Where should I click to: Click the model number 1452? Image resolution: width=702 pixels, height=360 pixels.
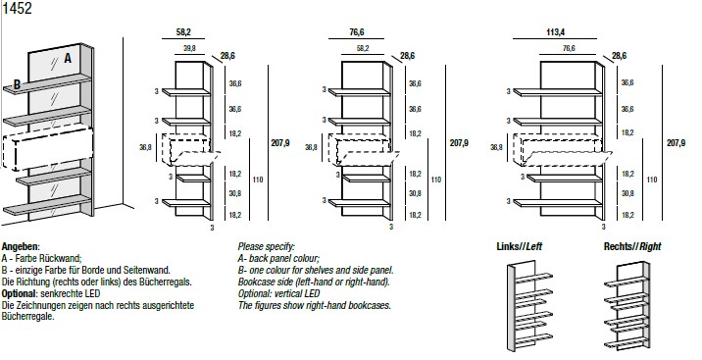[x=18, y=8]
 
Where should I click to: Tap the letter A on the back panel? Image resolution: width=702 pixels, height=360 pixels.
[x=68, y=58]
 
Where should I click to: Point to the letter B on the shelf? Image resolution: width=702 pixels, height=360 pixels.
[x=17, y=84]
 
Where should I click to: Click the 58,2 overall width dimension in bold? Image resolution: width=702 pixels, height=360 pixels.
[x=183, y=32]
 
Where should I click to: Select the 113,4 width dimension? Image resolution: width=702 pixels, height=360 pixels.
[x=555, y=32]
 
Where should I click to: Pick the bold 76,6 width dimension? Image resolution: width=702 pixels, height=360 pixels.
[x=356, y=32]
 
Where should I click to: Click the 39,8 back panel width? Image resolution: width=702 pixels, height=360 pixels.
[x=189, y=48]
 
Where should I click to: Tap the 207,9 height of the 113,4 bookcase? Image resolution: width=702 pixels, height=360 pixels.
[x=677, y=143]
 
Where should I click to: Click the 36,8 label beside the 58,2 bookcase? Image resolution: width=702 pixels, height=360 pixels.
[x=145, y=147]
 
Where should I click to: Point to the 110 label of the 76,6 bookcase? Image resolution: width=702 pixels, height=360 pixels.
[x=436, y=180]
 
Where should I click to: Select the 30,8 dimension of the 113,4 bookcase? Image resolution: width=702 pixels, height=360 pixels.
[x=627, y=193]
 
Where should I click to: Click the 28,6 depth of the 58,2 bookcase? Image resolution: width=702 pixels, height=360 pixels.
[x=227, y=56]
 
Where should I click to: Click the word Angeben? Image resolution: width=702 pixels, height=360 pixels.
[x=21, y=247]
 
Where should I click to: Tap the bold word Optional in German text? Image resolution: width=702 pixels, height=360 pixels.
[x=20, y=293]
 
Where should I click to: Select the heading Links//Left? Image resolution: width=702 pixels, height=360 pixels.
[x=520, y=246]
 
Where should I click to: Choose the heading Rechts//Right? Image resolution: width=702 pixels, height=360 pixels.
[x=632, y=246]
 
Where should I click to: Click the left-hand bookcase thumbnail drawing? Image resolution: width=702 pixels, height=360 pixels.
[x=529, y=307]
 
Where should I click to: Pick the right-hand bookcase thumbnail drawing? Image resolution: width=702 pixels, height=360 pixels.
[x=627, y=305]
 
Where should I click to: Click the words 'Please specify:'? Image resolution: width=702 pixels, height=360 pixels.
[x=267, y=247]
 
